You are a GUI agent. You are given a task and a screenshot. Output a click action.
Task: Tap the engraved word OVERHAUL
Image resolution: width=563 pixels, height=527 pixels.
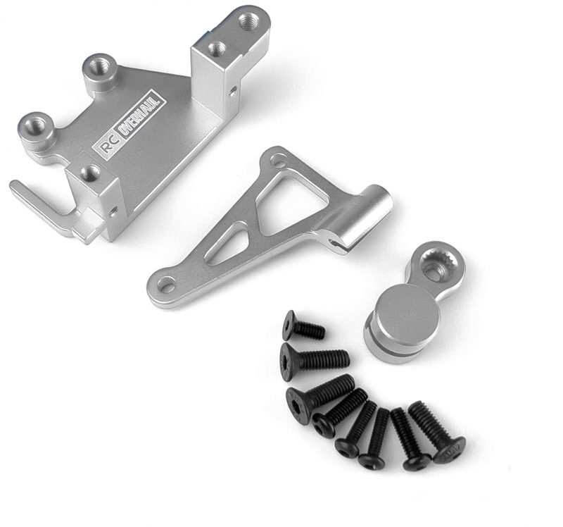[x=144, y=116]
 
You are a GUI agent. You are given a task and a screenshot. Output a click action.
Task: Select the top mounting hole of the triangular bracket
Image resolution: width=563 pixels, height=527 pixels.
[x=277, y=159]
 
